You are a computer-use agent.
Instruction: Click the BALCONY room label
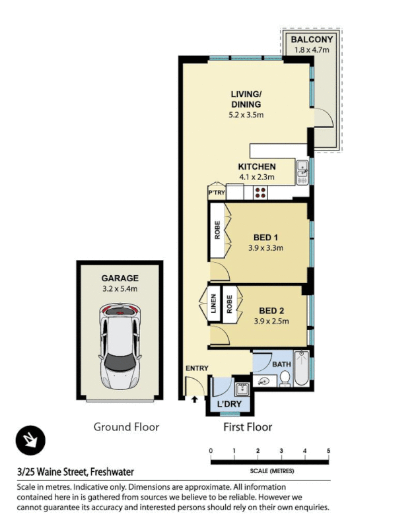pos(312,39)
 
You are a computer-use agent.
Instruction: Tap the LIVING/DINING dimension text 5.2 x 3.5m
pos(246,115)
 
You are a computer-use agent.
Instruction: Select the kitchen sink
pos(302,172)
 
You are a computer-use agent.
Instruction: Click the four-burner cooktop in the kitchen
pos(260,193)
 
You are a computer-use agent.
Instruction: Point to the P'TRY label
pos(217,193)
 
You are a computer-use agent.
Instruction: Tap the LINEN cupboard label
pos(214,304)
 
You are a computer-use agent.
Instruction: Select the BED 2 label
pos(272,310)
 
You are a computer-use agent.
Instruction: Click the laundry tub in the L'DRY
pos(241,389)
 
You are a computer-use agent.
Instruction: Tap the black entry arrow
pos(195,399)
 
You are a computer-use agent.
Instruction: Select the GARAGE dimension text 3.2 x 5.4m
pos(120,289)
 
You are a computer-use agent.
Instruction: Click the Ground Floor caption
pos(126,427)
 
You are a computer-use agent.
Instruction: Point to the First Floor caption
pos(247,427)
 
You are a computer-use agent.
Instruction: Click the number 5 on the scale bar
pos(328,451)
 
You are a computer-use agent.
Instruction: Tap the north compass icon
pos(30,440)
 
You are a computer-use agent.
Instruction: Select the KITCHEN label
pos(257,166)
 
